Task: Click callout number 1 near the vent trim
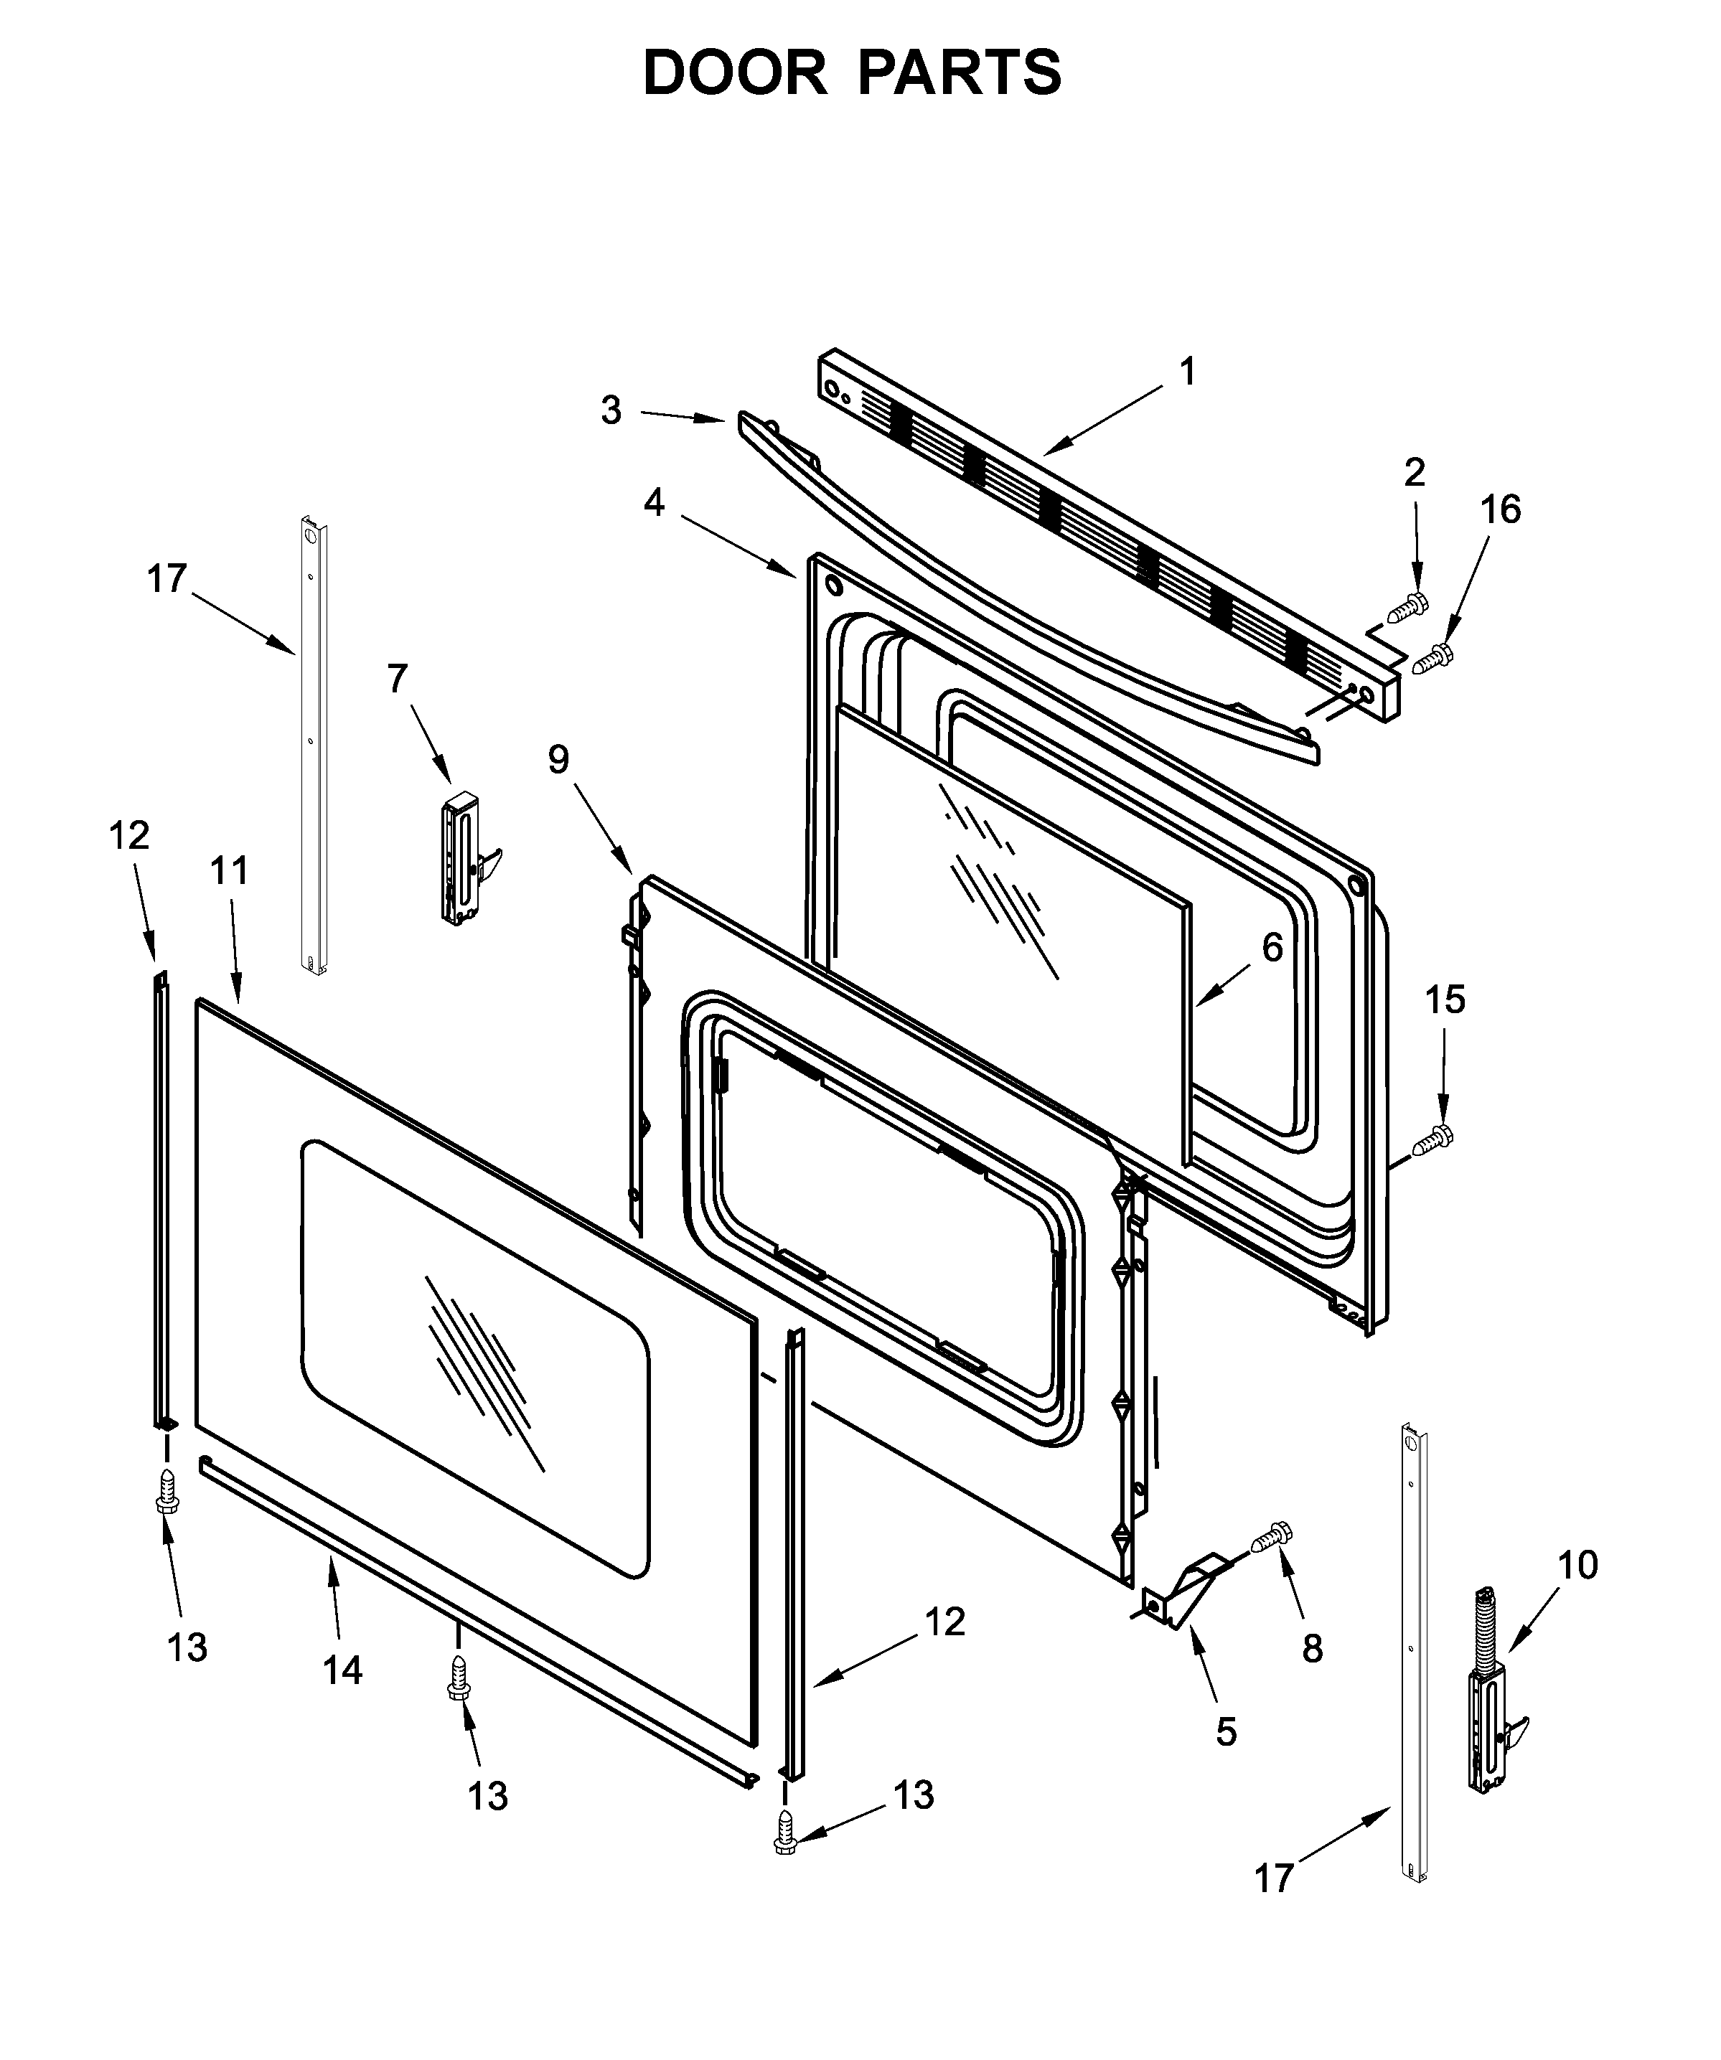point(1187,373)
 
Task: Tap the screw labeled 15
point(1432,1141)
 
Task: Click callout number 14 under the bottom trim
point(342,1670)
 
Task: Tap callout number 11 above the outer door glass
point(230,870)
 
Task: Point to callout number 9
point(558,758)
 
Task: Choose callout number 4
point(655,502)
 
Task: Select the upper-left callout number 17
point(167,579)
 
